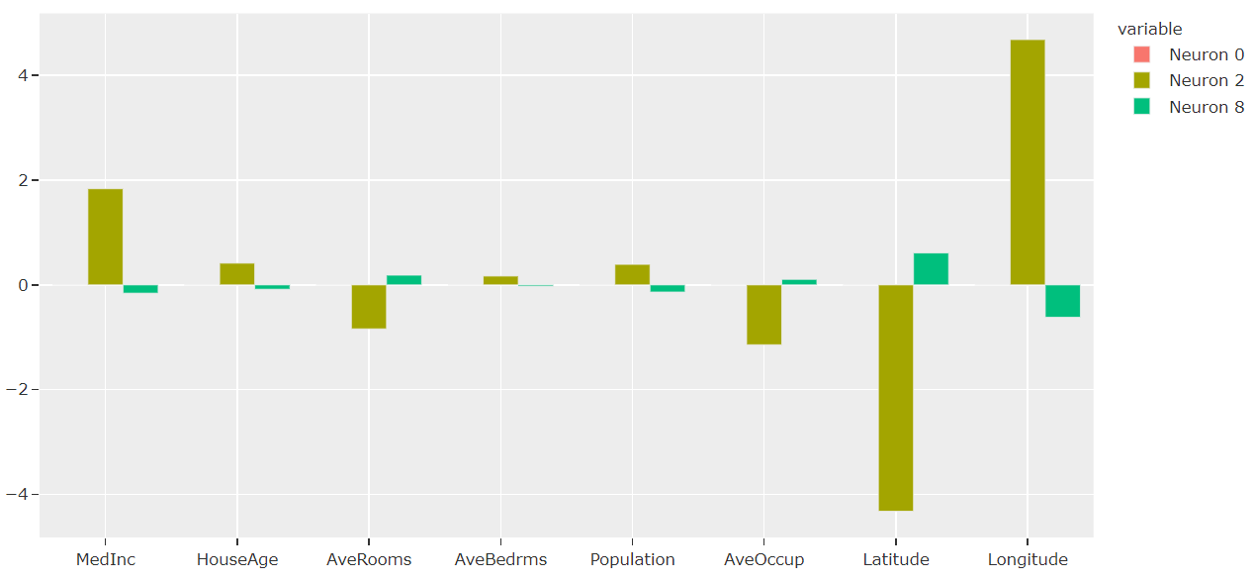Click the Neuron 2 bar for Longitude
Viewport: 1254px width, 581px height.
point(1028,162)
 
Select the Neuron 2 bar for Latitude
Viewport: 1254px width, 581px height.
point(896,397)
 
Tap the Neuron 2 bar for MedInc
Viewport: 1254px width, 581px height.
point(106,237)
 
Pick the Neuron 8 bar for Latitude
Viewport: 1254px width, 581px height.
point(931,269)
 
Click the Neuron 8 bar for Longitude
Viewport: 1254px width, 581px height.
point(1062,301)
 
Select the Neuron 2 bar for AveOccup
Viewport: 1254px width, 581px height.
point(764,315)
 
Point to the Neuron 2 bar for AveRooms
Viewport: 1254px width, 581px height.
point(369,307)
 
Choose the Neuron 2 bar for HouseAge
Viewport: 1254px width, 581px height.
point(237,274)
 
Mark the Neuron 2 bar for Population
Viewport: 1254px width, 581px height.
point(633,275)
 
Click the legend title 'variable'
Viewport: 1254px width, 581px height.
point(1149,30)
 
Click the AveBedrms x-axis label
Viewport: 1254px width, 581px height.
point(500,560)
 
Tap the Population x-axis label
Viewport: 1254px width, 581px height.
point(632,560)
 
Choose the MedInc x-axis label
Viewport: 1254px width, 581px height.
point(106,560)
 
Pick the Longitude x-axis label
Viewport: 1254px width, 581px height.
point(1028,560)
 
